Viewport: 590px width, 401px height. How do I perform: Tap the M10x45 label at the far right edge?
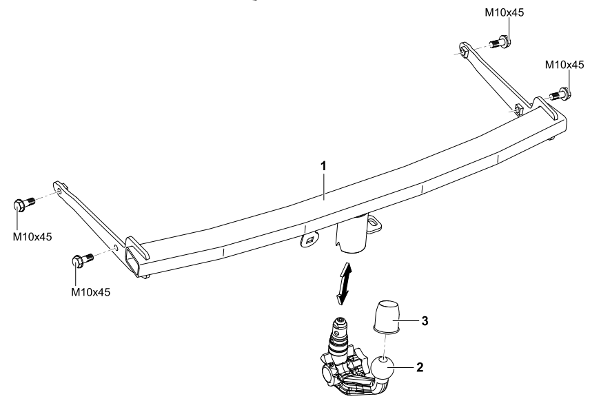pyautogui.click(x=565, y=64)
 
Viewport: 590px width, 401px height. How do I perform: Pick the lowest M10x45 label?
pyautogui.click(x=90, y=291)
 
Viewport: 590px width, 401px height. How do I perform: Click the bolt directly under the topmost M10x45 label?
pyautogui.click(x=500, y=43)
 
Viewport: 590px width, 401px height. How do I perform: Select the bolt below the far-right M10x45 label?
pyautogui.click(x=561, y=93)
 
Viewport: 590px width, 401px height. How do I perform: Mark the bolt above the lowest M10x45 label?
pyautogui.click(x=77, y=262)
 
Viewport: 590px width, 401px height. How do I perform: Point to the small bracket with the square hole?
pyautogui.click(x=309, y=239)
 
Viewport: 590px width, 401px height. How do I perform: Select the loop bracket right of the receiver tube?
pyautogui.click(x=375, y=221)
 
